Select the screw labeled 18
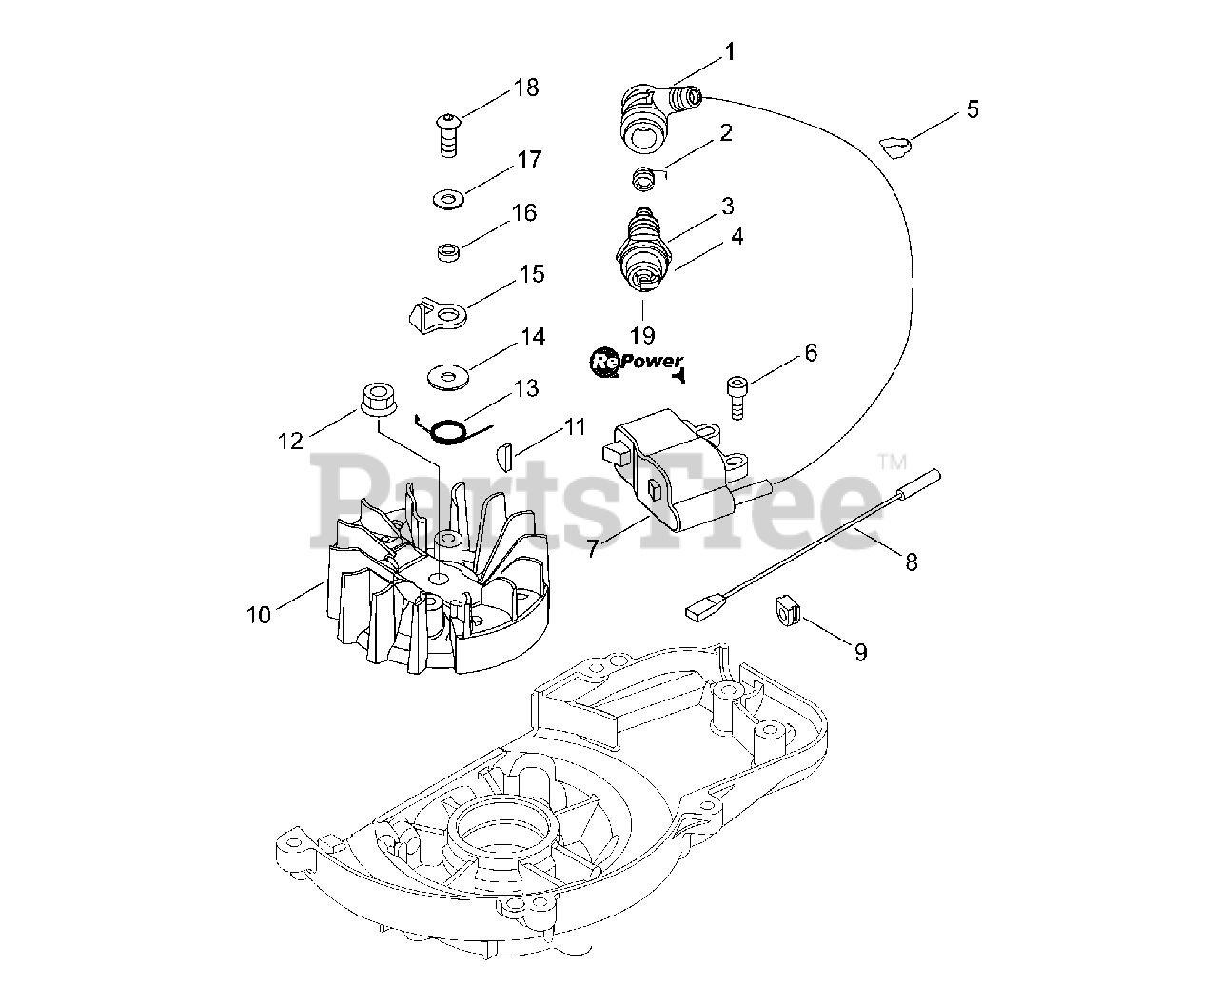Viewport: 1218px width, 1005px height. [x=446, y=133]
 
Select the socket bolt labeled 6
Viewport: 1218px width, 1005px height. [x=735, y=393]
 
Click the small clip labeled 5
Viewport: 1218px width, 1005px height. [x=895, y=145]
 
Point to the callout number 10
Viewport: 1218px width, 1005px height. [x=259, y=614]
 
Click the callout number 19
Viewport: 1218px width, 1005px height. [x=642, y=334]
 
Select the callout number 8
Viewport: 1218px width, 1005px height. [x=911, y=562]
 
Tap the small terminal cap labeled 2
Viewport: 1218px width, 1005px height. [x=646, y=177]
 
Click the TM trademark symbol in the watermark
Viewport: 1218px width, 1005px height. [x=893, y=463]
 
